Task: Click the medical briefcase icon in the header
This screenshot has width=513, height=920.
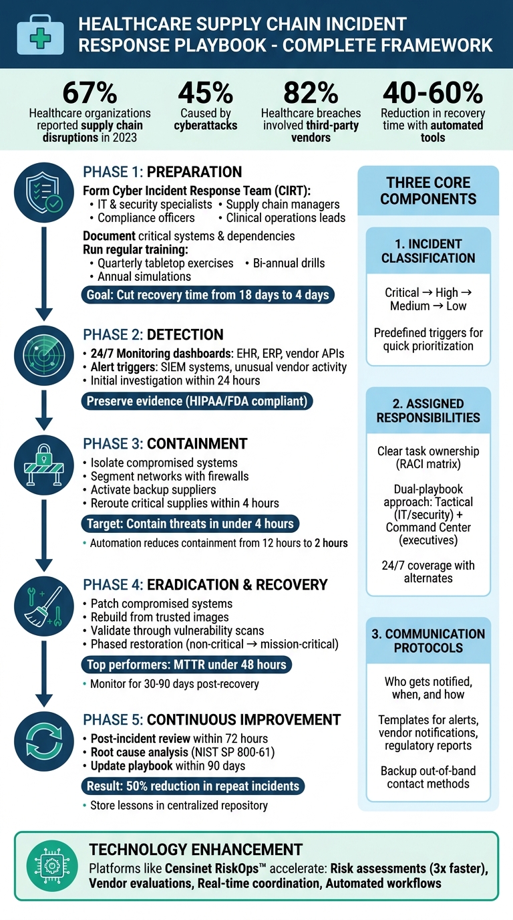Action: click(x=41, y=34)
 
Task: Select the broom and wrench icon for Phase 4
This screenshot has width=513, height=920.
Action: click(x=43, y=604)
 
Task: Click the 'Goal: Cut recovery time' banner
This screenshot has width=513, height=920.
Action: click(x=208, y=294)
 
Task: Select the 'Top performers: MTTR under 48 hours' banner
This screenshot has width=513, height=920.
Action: click(x=187, y=665)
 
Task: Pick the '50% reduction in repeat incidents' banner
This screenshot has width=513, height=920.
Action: click(x=194, y=786)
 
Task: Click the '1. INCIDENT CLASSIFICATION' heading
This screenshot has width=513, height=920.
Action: click(x=428, y=251)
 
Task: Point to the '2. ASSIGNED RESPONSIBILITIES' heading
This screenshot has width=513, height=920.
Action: click(x=428, y=411)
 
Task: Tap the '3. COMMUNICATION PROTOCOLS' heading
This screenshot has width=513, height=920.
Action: click(x=428, y=641)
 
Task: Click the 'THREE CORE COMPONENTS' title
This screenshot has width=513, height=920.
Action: click(x=428, y=191)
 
